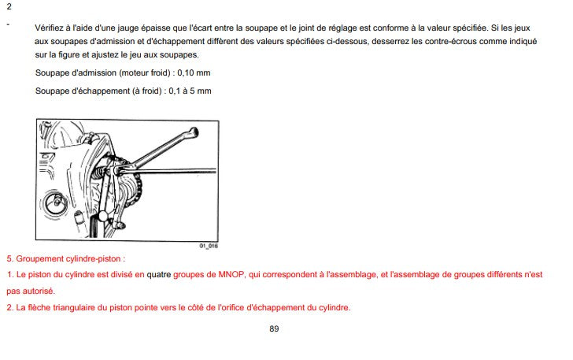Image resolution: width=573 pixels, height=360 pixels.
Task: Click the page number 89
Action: [x=274, y=328]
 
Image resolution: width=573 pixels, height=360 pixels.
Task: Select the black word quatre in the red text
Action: [x=159, y=275]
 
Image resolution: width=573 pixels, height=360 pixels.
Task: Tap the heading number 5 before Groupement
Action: [x=9, y=258]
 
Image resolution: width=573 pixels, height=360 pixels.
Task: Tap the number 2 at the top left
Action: [x=8, y=6]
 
